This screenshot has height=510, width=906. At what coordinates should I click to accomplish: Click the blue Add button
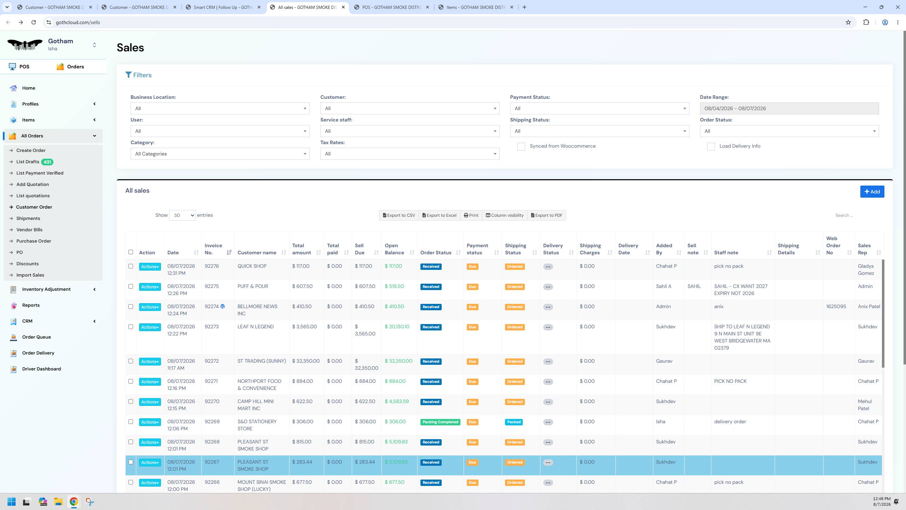click(x=872, y=192)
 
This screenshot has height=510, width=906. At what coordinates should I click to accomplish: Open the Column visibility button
click(x=505, y=215)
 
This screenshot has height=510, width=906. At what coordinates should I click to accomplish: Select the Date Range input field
click(x=789, y=108)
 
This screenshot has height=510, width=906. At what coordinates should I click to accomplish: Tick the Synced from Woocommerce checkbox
click(x=521, y=147)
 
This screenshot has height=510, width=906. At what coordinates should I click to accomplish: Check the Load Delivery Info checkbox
click(x=711, y=147)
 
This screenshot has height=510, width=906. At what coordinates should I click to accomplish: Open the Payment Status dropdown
click(x=600, y=108)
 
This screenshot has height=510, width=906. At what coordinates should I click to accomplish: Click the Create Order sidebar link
click(x=31, y=150)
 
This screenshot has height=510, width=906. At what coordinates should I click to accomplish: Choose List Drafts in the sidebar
click(x=28, y=162)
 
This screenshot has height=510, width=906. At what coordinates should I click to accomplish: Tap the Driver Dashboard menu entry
click(x=41, y=369)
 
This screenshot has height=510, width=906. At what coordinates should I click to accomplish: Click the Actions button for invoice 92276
click(x=150, y=267)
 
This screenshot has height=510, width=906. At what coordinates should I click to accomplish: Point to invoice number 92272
click(x=212, y=361)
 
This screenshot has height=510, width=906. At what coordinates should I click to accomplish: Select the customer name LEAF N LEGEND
click(x=256, y=327)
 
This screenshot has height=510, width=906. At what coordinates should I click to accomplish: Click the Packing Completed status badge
click(x=440, y=422)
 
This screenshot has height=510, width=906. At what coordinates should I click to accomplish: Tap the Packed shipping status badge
click(x=514, y=422)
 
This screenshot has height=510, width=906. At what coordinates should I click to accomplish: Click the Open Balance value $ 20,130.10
click(x=397, y=327)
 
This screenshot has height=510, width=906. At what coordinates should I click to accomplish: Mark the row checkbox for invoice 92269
click(x=131, y=422)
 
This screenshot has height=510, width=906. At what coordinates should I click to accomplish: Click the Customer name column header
click(x=257, y=253)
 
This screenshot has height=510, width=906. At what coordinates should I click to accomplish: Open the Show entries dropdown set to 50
click(x=182, y=215)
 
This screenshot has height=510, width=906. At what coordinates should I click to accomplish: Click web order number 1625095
click(x=836, y=307)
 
